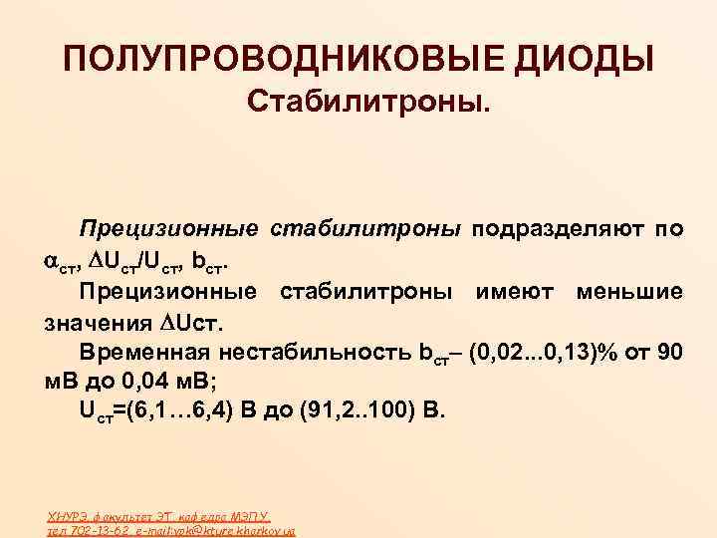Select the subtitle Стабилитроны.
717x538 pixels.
(369, 102)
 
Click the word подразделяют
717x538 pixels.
(559, 229)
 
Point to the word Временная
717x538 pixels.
(144, 353)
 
